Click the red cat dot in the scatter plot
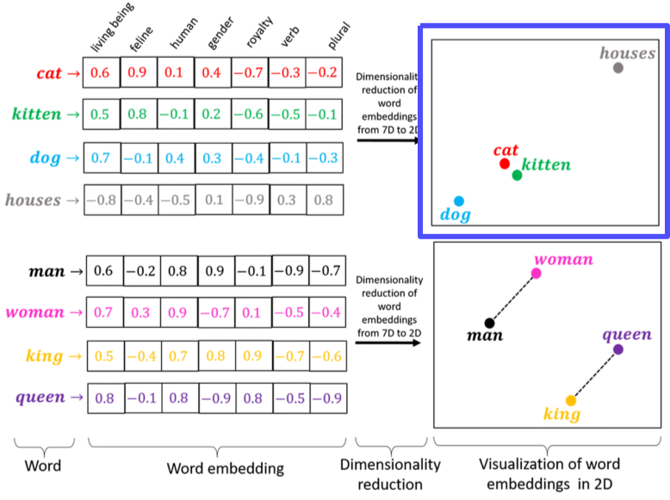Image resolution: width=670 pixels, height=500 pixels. pyautogui.click(x=505, y=164)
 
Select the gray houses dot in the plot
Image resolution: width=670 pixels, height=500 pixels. pyautogui.click(x=618, y=67)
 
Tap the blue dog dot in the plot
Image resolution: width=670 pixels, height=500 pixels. pyautogui.click(x=459, y=201)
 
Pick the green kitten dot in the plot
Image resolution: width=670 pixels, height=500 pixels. pyautogui.click(x=517, y=175)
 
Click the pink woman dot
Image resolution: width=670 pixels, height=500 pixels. pyautogui.click(x=536, y=274)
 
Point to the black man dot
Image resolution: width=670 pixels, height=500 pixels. pyautogui.click(x=489, y=324)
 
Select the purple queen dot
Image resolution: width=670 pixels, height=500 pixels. pyautogui.click(x=618, y=349)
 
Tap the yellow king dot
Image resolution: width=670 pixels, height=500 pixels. pyautogui.click(x=570, y=400)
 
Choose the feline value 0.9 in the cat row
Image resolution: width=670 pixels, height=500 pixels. pyautogui.click(x=137, y=73)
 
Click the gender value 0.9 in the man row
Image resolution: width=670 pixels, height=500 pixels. pyautogui.click(x=215, y=271)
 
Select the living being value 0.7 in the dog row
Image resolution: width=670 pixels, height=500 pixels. pyautogui.click(x=100, y=157)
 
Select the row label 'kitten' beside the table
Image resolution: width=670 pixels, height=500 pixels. pyautogui.click(x=37, y=114)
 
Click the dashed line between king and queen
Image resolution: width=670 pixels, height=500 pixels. pyautogui.click(x=594, y=375)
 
